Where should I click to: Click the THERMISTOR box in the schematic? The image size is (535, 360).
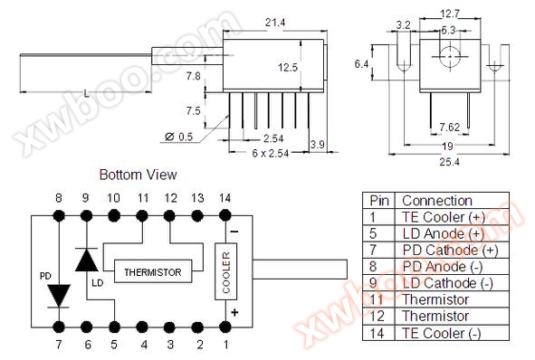click(x=153, y=271)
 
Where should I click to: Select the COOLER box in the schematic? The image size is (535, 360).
click(x=226, y=271)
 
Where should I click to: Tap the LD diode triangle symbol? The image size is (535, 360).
click(x=87, y=260)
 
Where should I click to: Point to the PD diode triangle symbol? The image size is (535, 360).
click(x=59, y=296)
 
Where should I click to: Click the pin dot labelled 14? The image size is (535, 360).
click(x=225, y=215)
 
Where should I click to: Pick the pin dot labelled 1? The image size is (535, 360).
click(x=225, y=327)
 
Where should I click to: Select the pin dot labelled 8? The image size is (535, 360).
click(x=59, y=215)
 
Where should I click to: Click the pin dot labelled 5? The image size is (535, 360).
click(x=114, y=327)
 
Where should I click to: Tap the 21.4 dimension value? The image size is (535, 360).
click(x=275, y=23)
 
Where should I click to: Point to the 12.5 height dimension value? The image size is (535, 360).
click(x=288, y=67)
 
